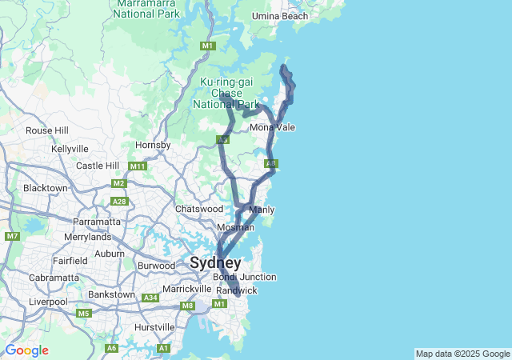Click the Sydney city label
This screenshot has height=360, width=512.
[x=215, y=262]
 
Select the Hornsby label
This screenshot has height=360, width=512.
[x=153, y=145]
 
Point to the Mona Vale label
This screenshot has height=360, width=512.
[x=273, y=127]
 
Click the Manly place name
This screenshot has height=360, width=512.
[x=262, y=210]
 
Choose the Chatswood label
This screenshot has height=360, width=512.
[x=199, y=209]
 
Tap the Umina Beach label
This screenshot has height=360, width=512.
[x=279, y=16]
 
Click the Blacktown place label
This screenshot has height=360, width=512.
[x=46, y=188]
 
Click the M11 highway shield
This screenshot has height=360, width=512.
[x=138, y=166]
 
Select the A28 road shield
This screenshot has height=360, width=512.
[x=120, y=202]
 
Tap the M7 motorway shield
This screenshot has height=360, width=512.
[x=12, y=236]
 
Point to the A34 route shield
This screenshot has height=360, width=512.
[x=150, y=298]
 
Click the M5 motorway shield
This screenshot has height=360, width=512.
[x=84, y=313]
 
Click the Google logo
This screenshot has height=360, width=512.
[x=26, y=350]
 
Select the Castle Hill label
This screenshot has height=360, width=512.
[x=98, y=166]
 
